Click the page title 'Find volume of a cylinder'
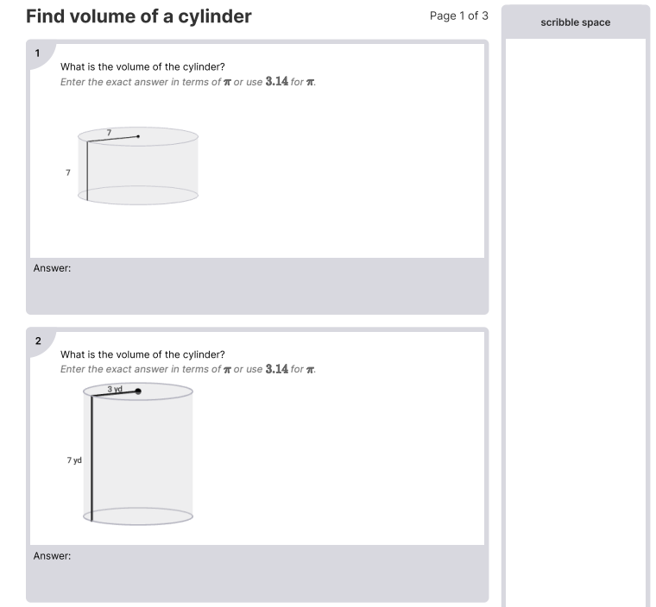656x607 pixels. point(139,16)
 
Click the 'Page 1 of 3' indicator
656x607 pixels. point(458,16)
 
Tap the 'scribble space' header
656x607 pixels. point(575,22)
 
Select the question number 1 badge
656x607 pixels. point(38,53)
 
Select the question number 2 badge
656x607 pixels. point(38,341)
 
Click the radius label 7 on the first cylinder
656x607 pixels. point(109,132)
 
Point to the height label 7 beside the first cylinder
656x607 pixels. point(67,172)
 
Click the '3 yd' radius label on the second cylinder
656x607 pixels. point(115,389)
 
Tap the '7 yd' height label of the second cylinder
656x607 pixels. point(74,460)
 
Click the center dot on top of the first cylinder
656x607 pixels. point(138,135)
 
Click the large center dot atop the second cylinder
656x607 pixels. point(138,391)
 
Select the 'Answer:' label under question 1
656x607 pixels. point(52,268)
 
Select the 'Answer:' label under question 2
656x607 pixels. point(52,556)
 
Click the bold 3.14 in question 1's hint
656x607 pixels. point(277,82)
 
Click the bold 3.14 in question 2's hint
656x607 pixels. point(277,369)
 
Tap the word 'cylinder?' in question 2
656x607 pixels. point(204,354)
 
